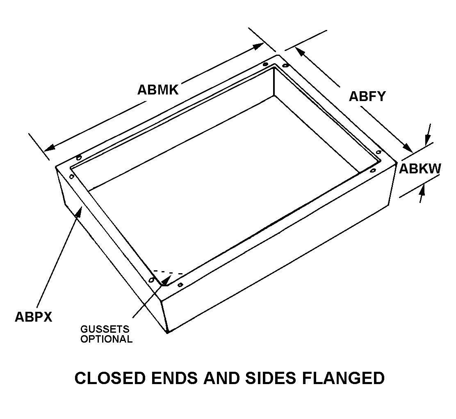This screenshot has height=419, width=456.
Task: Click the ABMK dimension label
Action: click(x=158, y=90)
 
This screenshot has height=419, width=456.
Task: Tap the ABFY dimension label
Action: click(x=367, y=97)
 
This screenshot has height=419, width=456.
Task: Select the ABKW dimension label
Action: click(x=420, y=169)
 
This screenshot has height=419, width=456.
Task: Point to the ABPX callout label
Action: click(x=34, y=316)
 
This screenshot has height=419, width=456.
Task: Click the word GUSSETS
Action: click(x=105, y=329)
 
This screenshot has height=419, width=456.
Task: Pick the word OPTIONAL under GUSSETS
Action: click(x=106, y=339)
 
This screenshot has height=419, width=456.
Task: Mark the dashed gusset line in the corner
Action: click(x=168, y=272)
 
